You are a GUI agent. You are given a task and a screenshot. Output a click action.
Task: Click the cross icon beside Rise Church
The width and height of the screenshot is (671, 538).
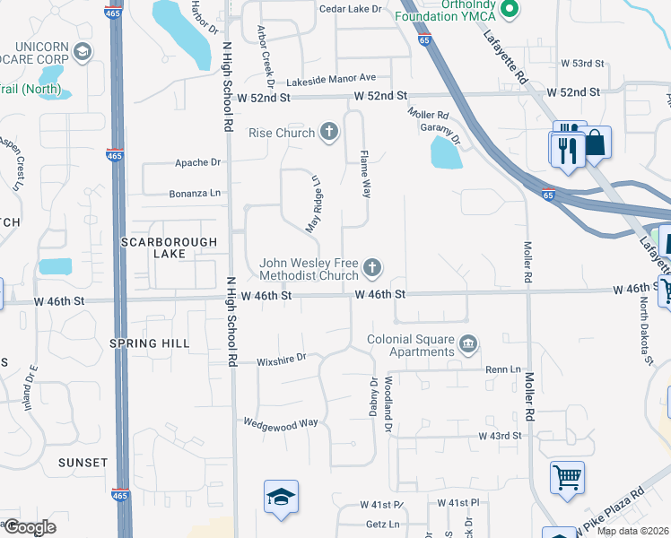[329, 133]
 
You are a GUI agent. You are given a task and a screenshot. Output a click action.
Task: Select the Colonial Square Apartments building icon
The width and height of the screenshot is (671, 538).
[467, 344]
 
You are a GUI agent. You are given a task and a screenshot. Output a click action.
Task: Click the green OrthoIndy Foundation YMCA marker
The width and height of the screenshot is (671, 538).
[510, 11]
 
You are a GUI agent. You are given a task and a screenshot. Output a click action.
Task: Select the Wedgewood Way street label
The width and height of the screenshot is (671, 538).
[281, 422]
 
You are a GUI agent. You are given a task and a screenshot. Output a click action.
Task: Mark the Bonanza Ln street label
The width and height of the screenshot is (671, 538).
[195, 193]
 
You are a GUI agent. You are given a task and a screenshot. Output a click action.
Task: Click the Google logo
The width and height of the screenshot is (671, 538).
[29, 527]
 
